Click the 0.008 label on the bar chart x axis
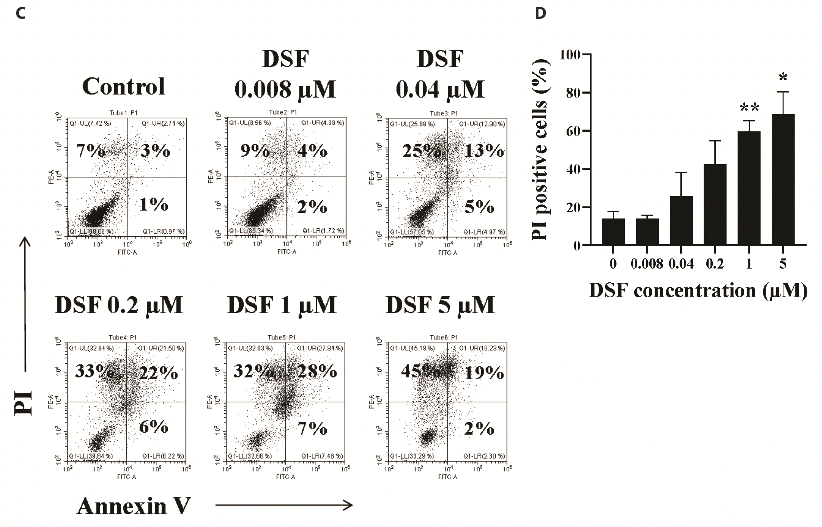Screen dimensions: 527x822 647,264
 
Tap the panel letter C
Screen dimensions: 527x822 21,14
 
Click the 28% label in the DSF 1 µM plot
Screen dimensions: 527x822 317,371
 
